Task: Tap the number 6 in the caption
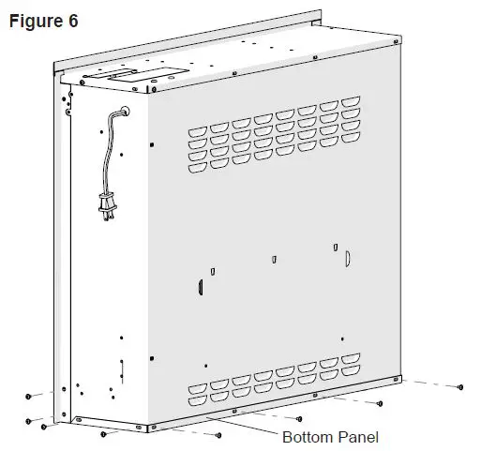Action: coord(71,20)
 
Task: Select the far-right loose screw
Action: coord(460,385)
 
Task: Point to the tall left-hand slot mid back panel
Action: coord(200,286)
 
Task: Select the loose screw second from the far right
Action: coord(379,402)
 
